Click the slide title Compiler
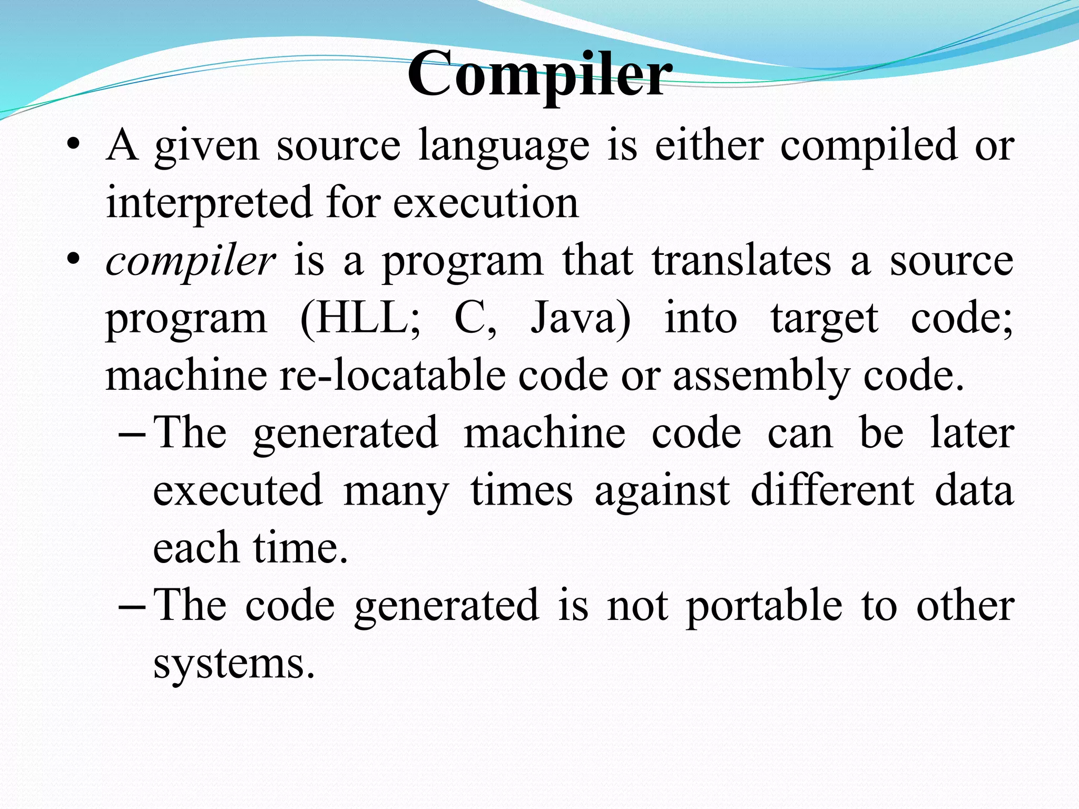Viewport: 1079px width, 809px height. [539, 75]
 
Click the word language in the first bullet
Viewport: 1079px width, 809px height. [504, 146]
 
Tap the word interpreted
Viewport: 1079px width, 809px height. [209, 203]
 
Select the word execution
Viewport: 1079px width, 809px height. [486, 203]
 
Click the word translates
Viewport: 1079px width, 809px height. [741, 261]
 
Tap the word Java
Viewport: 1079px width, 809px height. [580, 318]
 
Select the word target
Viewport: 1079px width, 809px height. [825, 319]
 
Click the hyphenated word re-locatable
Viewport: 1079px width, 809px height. [392, 375]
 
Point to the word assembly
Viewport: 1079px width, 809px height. [761, 376]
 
